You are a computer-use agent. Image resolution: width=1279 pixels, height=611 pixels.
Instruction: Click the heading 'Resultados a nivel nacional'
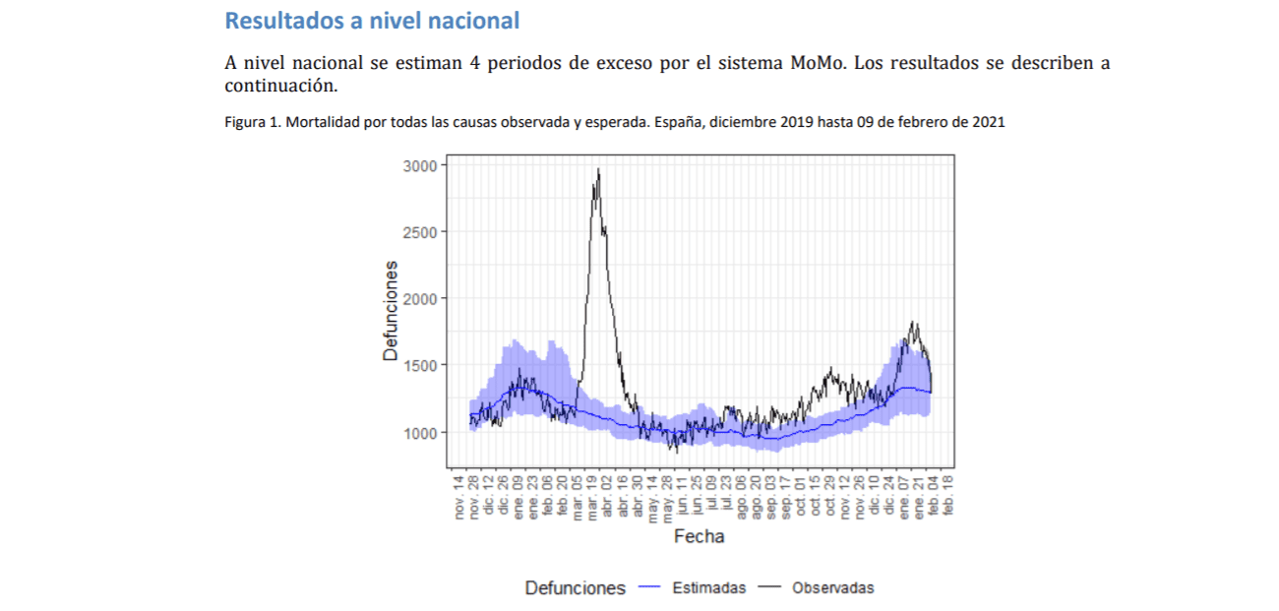pyautogui.click(x=372, y=20)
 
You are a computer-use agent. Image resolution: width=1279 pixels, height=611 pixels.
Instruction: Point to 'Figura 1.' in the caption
pyautogui.click(x=253, y=123)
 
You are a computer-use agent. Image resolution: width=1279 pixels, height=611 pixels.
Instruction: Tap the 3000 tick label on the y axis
pyautogui.click(x=421, y=166)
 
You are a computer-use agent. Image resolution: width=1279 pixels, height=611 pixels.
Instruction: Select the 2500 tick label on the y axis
pyautogui.click(x=421, y=232)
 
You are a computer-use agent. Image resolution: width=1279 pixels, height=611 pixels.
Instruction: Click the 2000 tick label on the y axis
pyautogui.click(x=421, y=298)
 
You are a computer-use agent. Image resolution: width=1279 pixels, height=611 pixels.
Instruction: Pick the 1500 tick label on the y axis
pyautogui.click(x=421, y=365)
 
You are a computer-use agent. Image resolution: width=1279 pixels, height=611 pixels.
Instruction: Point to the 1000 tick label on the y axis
pyautogui.click(x=421, y=432)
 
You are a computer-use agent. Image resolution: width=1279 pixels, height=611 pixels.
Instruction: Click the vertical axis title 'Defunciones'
pyautogui.click(x=392, y=310)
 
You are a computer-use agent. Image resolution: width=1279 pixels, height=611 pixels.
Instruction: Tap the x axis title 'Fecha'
pyautogui.click(x=699, y=537)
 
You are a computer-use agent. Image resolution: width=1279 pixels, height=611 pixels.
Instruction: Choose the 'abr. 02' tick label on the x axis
pyautogui.click(x=608, y=495)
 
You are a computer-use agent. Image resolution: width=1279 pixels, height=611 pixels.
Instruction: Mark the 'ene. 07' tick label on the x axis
pyautogui.click(x=904, y=495)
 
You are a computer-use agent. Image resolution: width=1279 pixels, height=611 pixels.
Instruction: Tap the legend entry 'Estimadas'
pyautogui.click(x=709, y=588)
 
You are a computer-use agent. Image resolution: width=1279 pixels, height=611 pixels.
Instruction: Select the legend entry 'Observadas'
pyautogui.click(x=832, y=588)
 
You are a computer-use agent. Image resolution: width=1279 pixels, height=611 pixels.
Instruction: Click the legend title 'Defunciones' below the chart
pyautogui.click(x=575, y=588)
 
